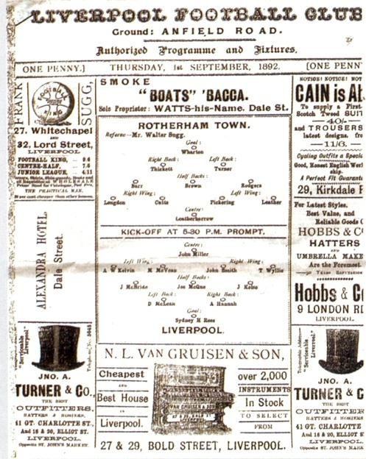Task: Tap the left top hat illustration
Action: click(x=57, y=347)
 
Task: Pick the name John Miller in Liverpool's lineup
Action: click(x=194, y=252)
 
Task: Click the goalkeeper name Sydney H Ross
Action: click(x=194, y=320)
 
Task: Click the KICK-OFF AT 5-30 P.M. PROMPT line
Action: click(x=194, y=232)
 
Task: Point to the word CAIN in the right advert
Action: click(x=312, y=93)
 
